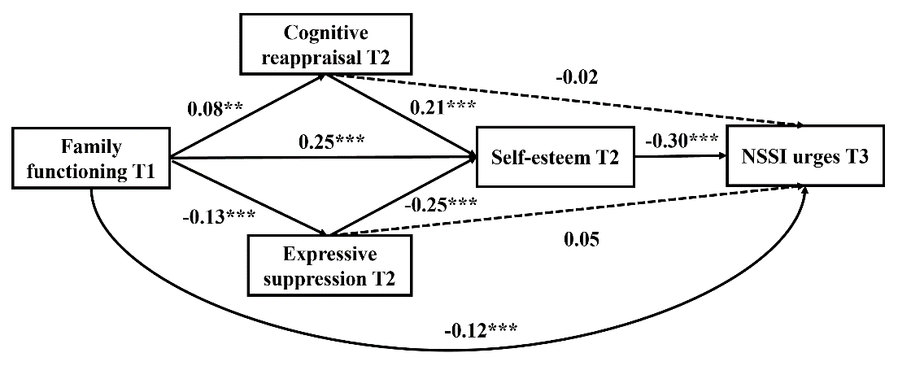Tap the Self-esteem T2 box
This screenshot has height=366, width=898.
556,158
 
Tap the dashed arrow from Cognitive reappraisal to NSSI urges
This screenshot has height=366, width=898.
569,102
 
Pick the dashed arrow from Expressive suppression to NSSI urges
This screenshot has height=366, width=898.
569,213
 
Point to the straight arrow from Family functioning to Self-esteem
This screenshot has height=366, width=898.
325,158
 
